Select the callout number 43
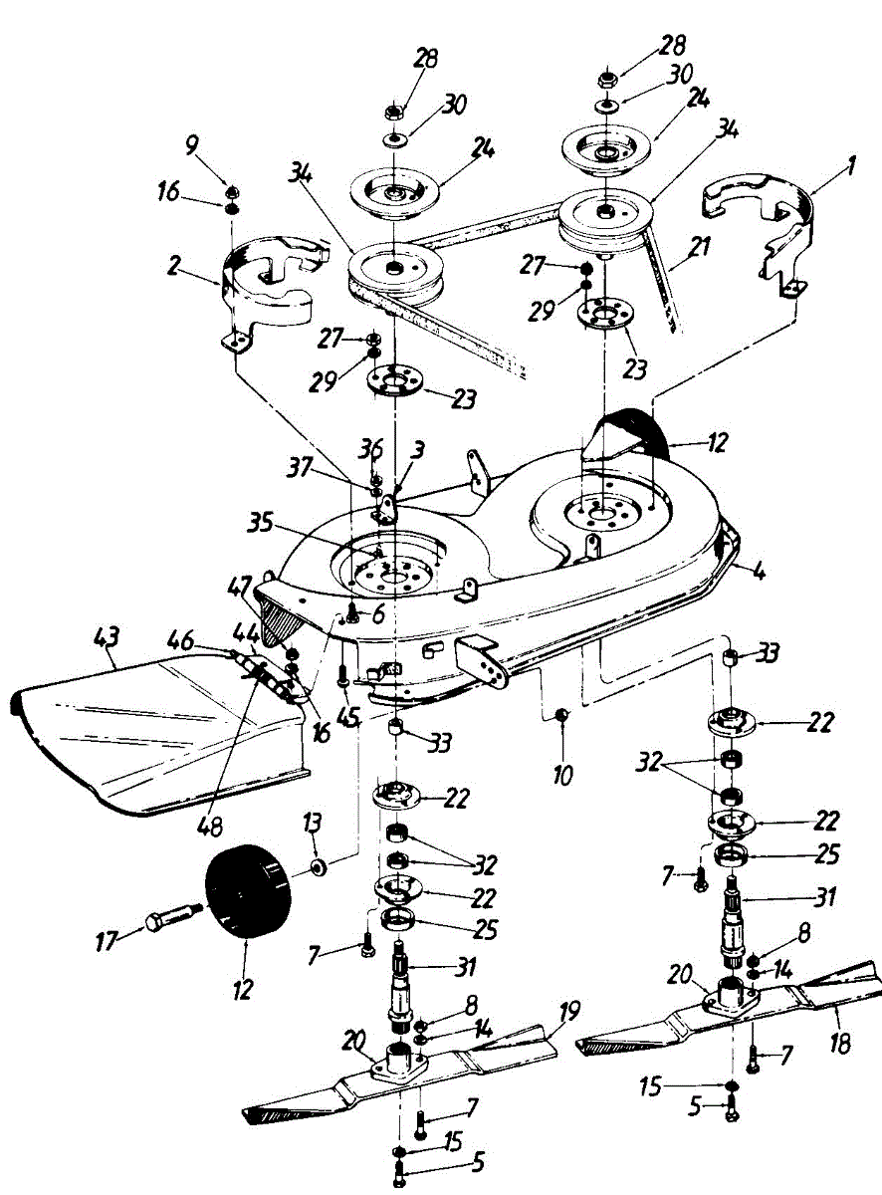tap(106, 633)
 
